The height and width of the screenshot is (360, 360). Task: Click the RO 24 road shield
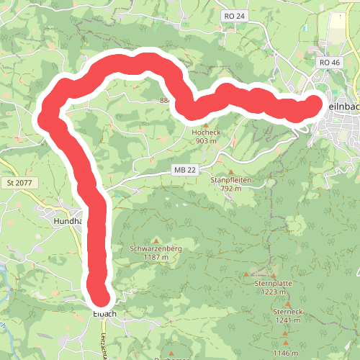pyautogui.click(x=234, y=15)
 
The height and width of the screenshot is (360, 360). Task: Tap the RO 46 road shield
pyautogui.click(x=329, y=63)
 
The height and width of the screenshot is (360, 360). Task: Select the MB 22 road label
pyautogui.click(x=185, y=168)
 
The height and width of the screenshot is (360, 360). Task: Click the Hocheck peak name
pyautogui.click(x=205, y=133)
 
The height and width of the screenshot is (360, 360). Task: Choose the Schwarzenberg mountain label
pyautogui.click(x=156, y=249)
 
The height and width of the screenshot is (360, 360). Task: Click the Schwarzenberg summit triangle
pyautogui.click(x=156, y=240)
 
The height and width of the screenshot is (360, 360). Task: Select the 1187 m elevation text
pyautogui.click(x=156, y=257)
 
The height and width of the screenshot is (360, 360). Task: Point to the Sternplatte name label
pyautogui.click(x=273, y=284)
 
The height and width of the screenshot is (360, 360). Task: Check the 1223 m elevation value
pyautogui.click(x=273, y=292)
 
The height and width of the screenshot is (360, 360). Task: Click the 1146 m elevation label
pyautogui.click(x=288, y=353)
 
